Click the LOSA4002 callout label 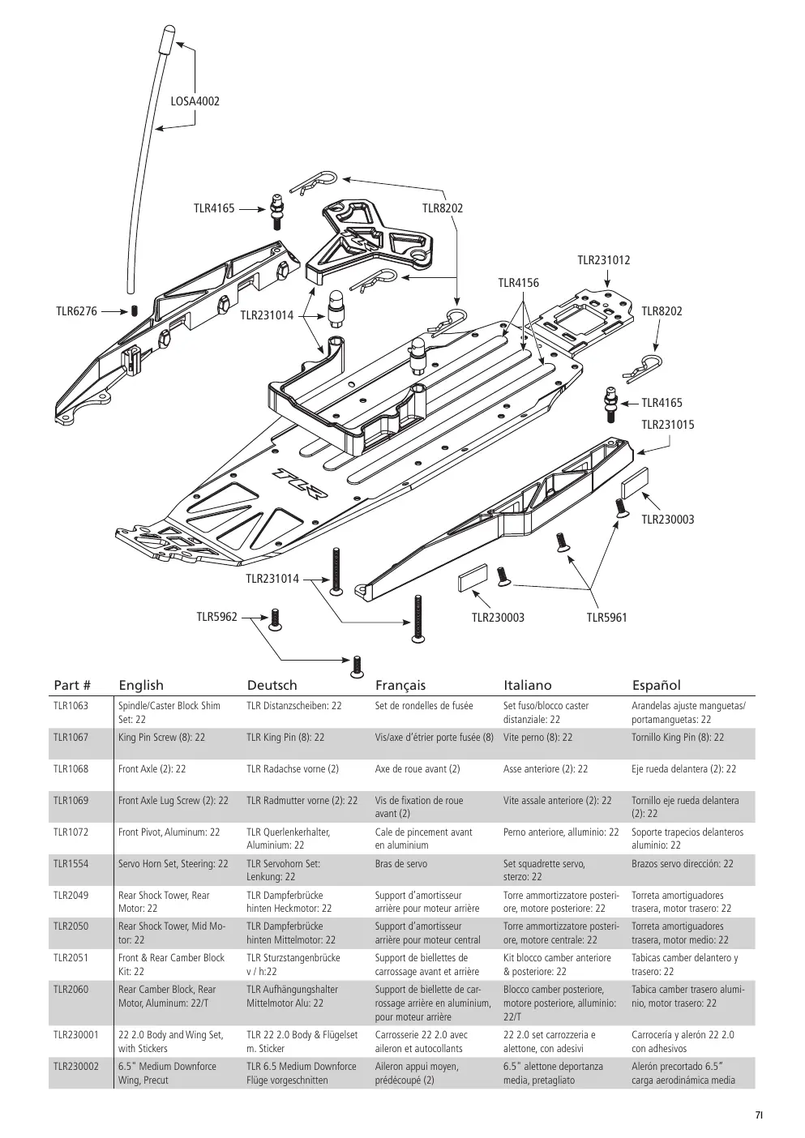click(195, 101)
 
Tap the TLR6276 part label click(76, 311)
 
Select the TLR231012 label click(604, 260)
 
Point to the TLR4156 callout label click(518, 283)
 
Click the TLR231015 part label click(668, 425)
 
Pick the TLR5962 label click(217, 617)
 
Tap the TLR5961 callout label click(607, 618)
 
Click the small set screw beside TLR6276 click(135, 311)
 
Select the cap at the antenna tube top click(169, 39)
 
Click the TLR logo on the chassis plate click(300, 482)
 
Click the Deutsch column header click(272, 685)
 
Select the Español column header click(656, 686)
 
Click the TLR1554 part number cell click(71, 864)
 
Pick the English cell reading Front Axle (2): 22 click(152, 768)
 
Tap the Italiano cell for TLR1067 click(537, 737)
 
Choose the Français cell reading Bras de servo click(401, 864)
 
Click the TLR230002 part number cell click(75, 1066)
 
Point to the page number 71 click(759, 1115)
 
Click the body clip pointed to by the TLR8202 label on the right click(644, 367)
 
